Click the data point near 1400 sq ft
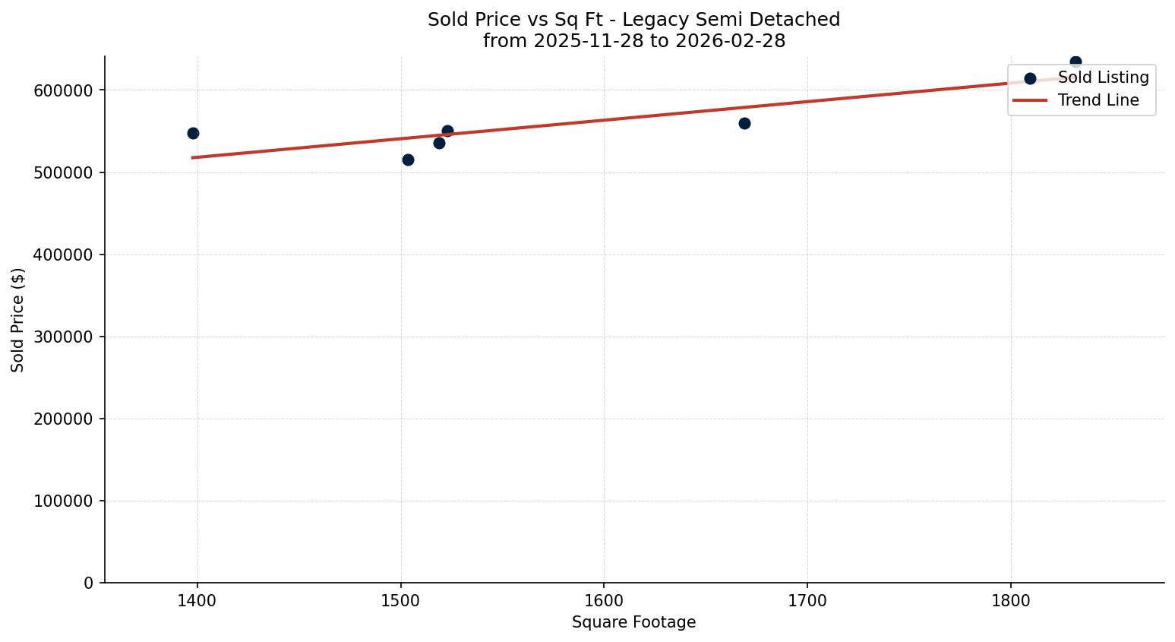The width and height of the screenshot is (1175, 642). pyautogui.click(x=193, y=133)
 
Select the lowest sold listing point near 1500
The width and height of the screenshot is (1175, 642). pyautogui.click(x=408, y=160)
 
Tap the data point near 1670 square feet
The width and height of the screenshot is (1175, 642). pyautogui.click(x=744, y=123)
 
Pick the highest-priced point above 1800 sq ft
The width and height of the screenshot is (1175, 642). pyautogui.click(x=1076, y=62)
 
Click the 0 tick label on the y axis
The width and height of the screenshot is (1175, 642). pyautogui.click(x=89, y=583)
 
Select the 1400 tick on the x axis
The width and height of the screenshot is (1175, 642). pyautogui.click(x=197, y=600)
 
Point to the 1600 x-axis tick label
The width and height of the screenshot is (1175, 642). pyautogui.click(x=604, y=600)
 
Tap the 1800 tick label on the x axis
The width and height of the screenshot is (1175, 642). pyautogui.click(x=1010, y=600)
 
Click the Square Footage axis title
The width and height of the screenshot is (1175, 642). pyautogui.click(x=633, y=622)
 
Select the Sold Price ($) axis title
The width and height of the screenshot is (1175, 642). pyautogui.click(x=18, y=320)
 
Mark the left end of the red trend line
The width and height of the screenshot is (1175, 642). pyautogui.click(x=193, y=157)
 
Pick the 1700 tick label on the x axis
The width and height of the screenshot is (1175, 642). pyautogui.click(x=807, y=600)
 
